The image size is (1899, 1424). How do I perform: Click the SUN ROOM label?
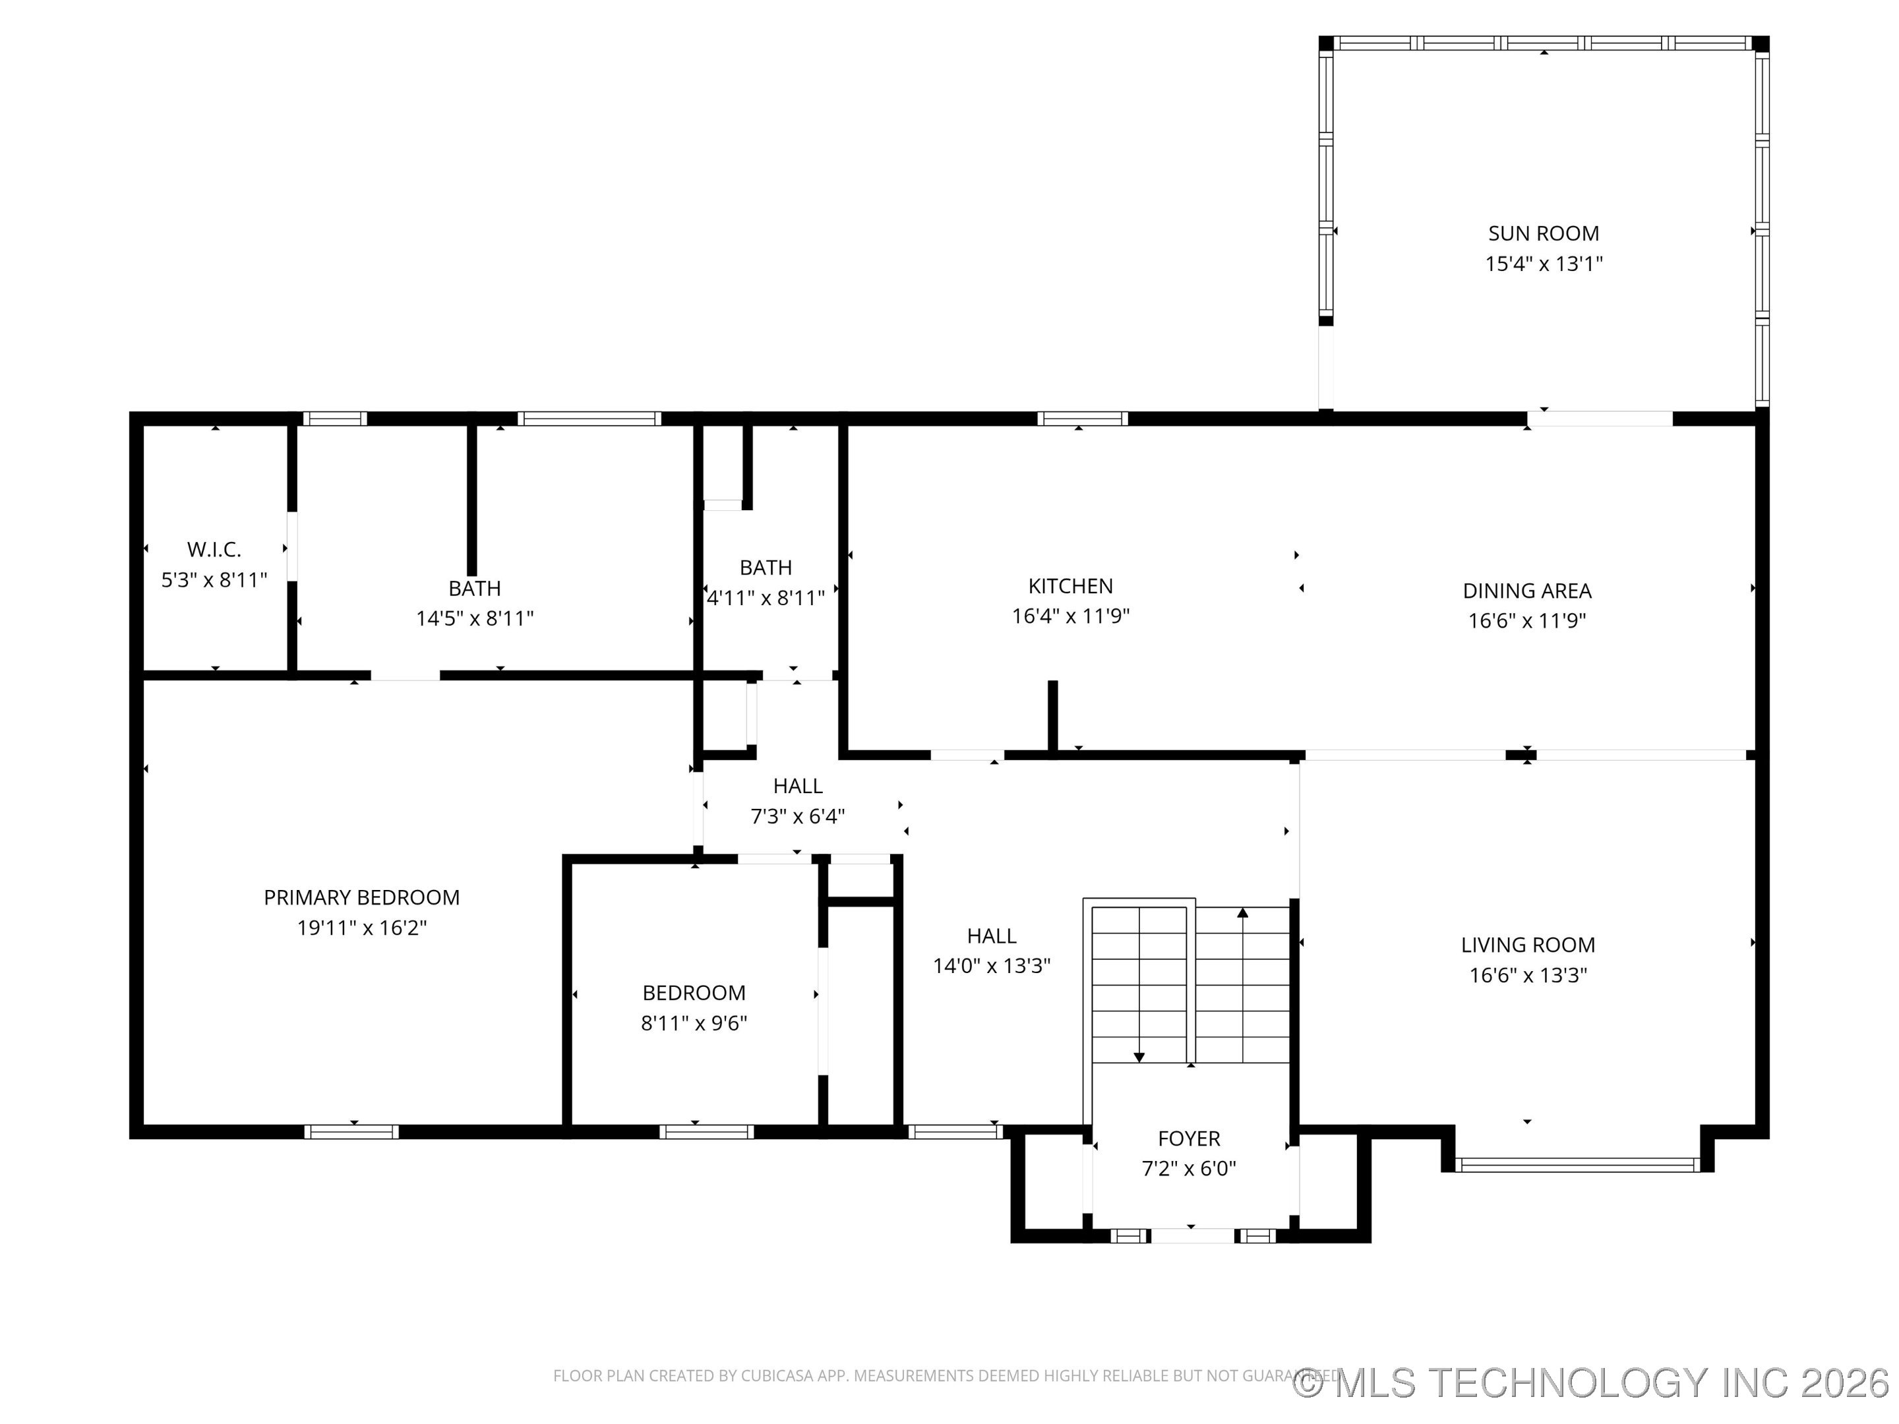(1543, 233)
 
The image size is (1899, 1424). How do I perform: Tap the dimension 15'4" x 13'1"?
(1544, 264)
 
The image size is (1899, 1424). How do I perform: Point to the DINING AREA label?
(1526, 591)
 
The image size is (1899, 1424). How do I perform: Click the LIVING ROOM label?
(1527, 945)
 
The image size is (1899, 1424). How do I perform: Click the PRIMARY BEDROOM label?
(361, 898)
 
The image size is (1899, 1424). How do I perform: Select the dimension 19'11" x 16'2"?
(361, 928)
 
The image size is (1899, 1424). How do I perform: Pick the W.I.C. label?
(214, 549)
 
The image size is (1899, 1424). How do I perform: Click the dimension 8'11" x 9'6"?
(694, 1023)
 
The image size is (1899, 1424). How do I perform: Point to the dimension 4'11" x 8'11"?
(765, 598)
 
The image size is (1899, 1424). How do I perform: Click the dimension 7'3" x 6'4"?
(798, 816)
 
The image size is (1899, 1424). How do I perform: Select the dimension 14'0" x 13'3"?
(992, 966)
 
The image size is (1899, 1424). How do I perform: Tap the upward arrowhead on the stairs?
(1242, 912)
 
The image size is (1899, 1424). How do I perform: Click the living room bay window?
(1577, 1165)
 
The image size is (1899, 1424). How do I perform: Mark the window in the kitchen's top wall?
(1082, 419)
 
